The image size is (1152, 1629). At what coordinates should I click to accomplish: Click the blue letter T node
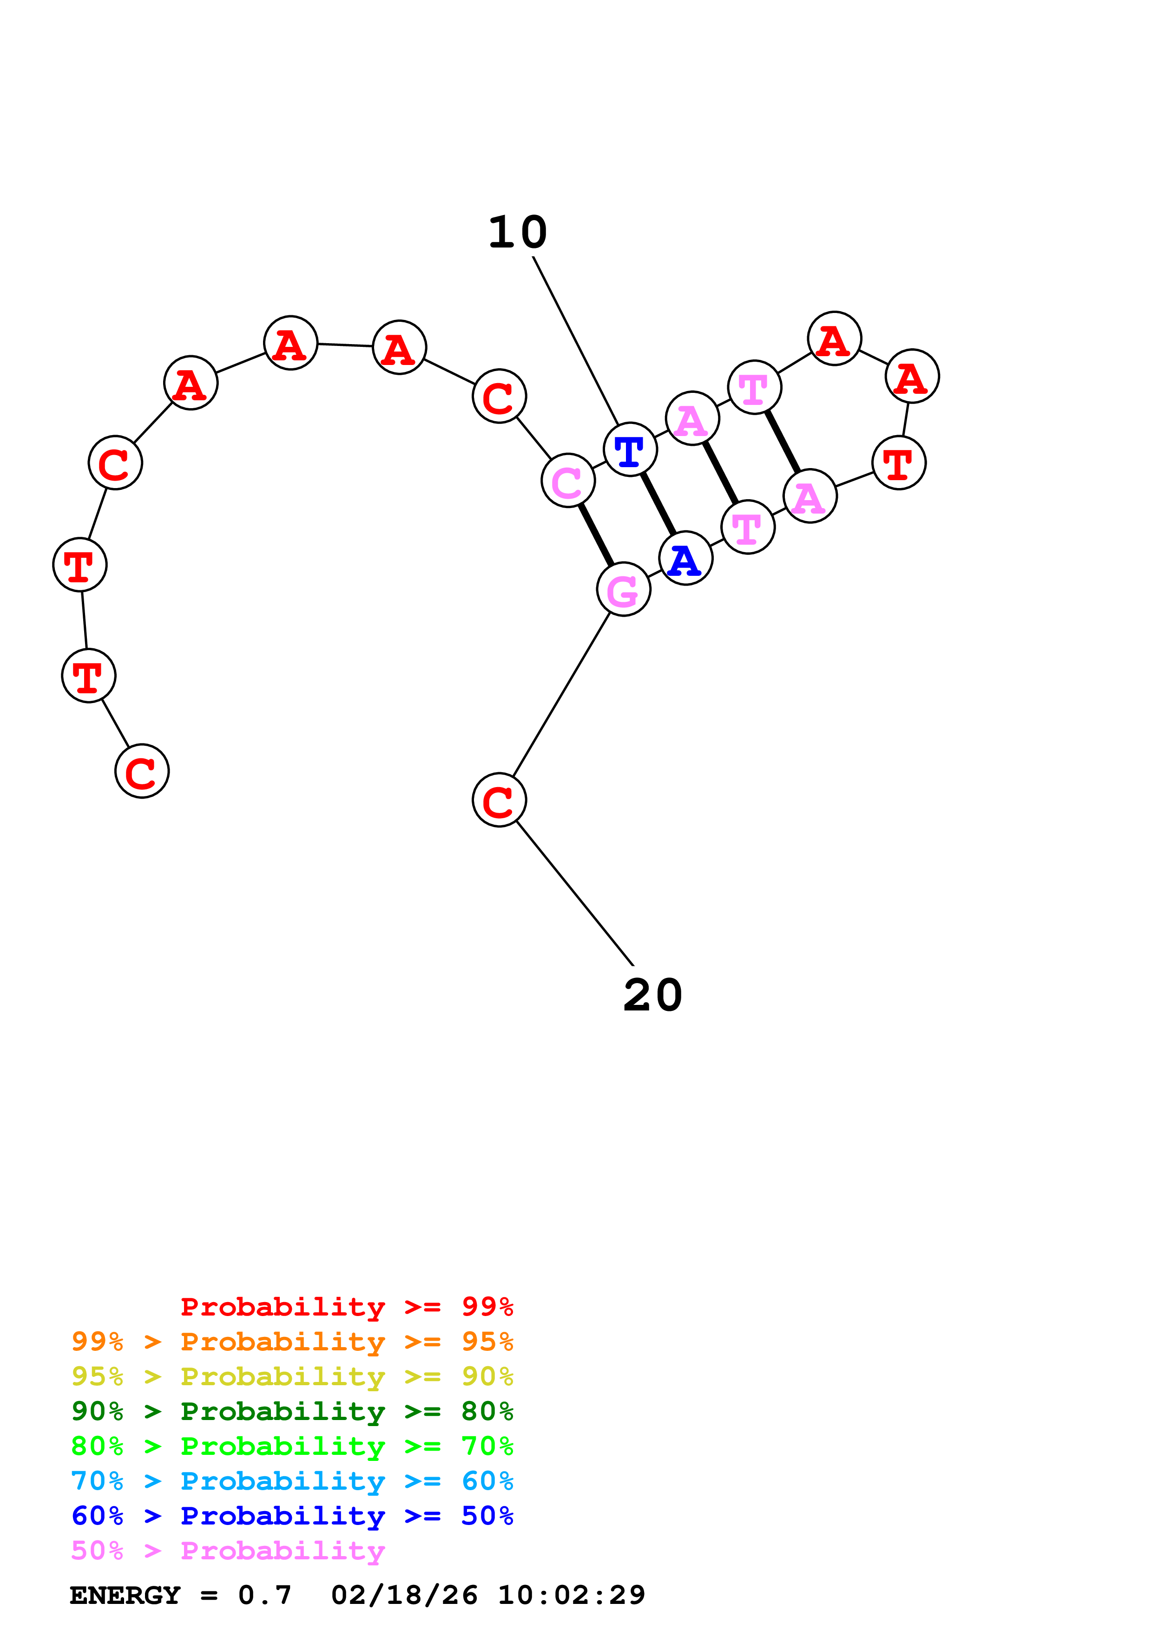coord(630,449)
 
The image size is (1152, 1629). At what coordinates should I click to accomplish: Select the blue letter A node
coord(685,558)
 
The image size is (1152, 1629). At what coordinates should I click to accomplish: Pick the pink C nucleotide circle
coord(568,480)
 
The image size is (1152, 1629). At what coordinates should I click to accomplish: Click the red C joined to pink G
coord(499,800)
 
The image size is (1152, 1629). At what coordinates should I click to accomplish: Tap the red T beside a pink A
coord(899,463)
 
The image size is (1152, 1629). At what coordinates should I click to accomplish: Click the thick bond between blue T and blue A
coord(658,504)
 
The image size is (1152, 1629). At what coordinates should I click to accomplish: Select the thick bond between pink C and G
coord(596,535)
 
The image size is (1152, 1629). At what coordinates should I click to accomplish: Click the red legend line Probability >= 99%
coord(347,1306)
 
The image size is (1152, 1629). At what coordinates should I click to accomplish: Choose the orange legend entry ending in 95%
coord(292,1341)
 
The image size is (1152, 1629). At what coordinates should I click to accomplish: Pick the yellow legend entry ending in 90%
coord(292,1376)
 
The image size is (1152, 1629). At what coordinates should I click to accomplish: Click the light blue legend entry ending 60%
coord(292,1481)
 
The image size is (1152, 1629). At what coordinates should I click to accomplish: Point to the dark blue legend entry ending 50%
coord(292,1516)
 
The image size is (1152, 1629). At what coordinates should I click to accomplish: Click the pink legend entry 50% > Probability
coord(228,1550)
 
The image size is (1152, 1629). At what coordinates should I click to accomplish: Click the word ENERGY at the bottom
coord(125,1595)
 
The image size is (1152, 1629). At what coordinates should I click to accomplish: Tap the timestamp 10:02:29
coord(572,1595)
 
